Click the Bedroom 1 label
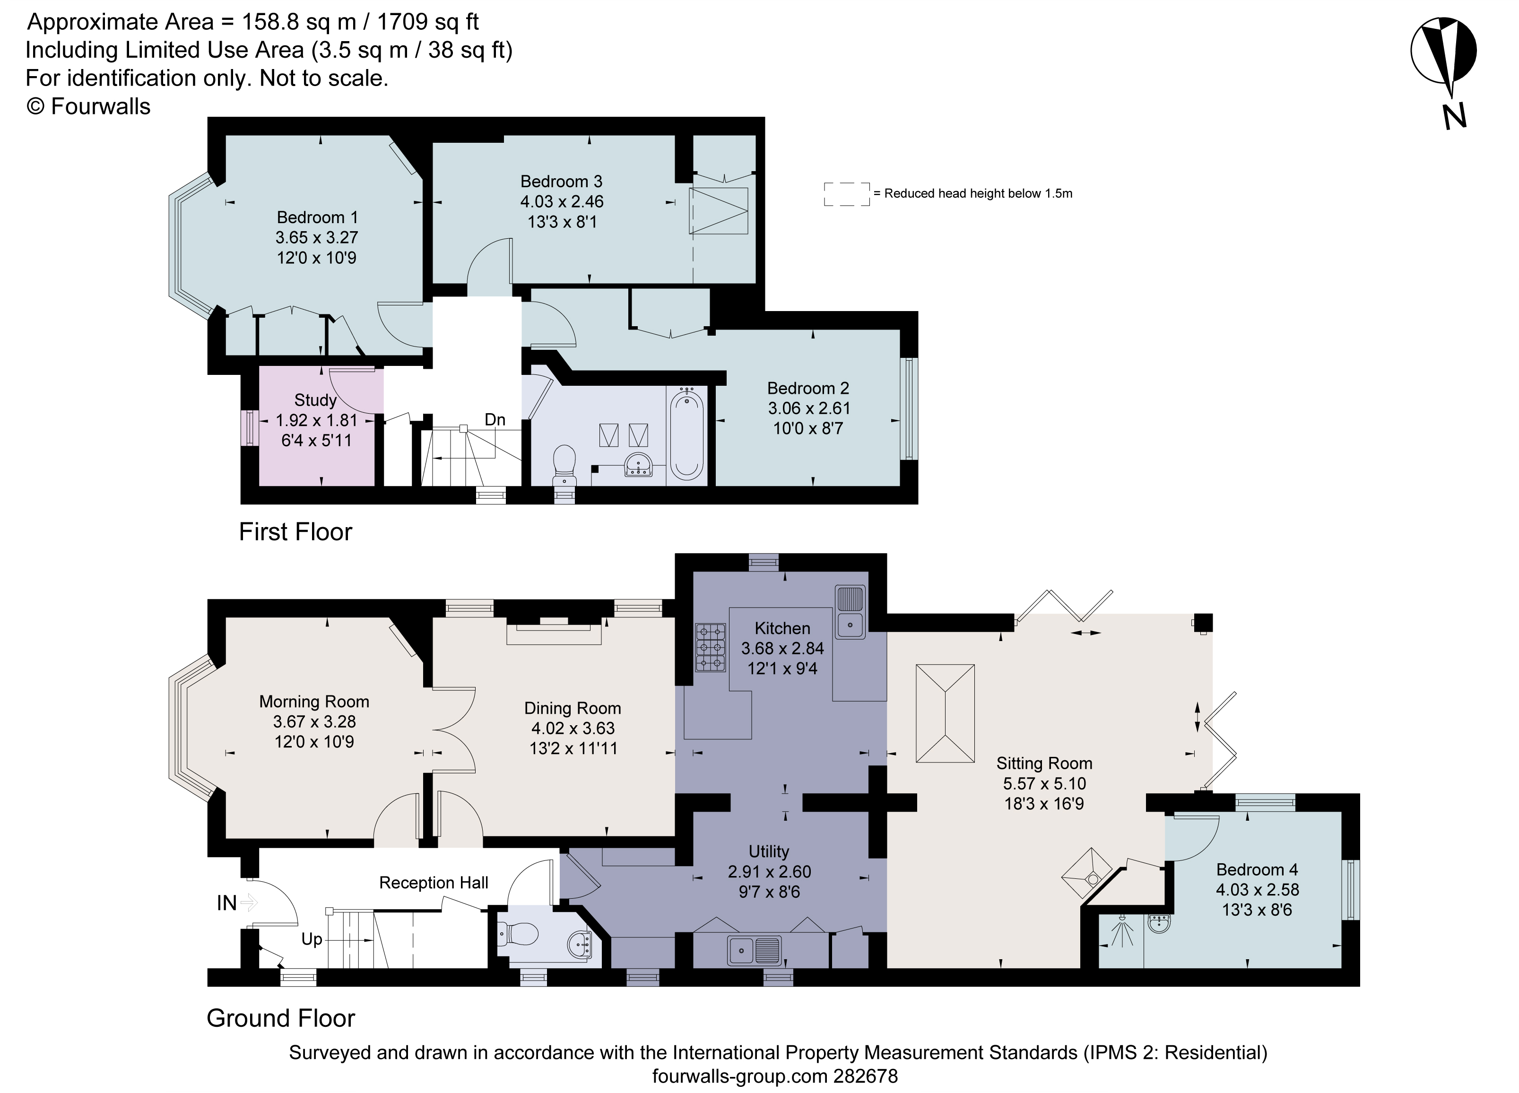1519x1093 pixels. [x=317, y=217]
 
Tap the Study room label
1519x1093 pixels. [x=315, y=400]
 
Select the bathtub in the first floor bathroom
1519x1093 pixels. [x=686, y=436]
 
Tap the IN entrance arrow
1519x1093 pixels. [x=248, y=903]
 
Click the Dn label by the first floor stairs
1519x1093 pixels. [x=495, y=420]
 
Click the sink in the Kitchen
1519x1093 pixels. [x=850, y=611]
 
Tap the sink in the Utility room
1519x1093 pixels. [x=754, y=949]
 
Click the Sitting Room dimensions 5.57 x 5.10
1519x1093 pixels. [x=1044, y=784]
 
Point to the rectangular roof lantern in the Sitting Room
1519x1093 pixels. [x=945, y=713]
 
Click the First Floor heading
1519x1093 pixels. [x=295, y=532]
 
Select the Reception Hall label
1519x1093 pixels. [x=434, y=883]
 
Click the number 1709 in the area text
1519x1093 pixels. [x=402, y=22]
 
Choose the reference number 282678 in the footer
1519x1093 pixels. [x=865, y=1076]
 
